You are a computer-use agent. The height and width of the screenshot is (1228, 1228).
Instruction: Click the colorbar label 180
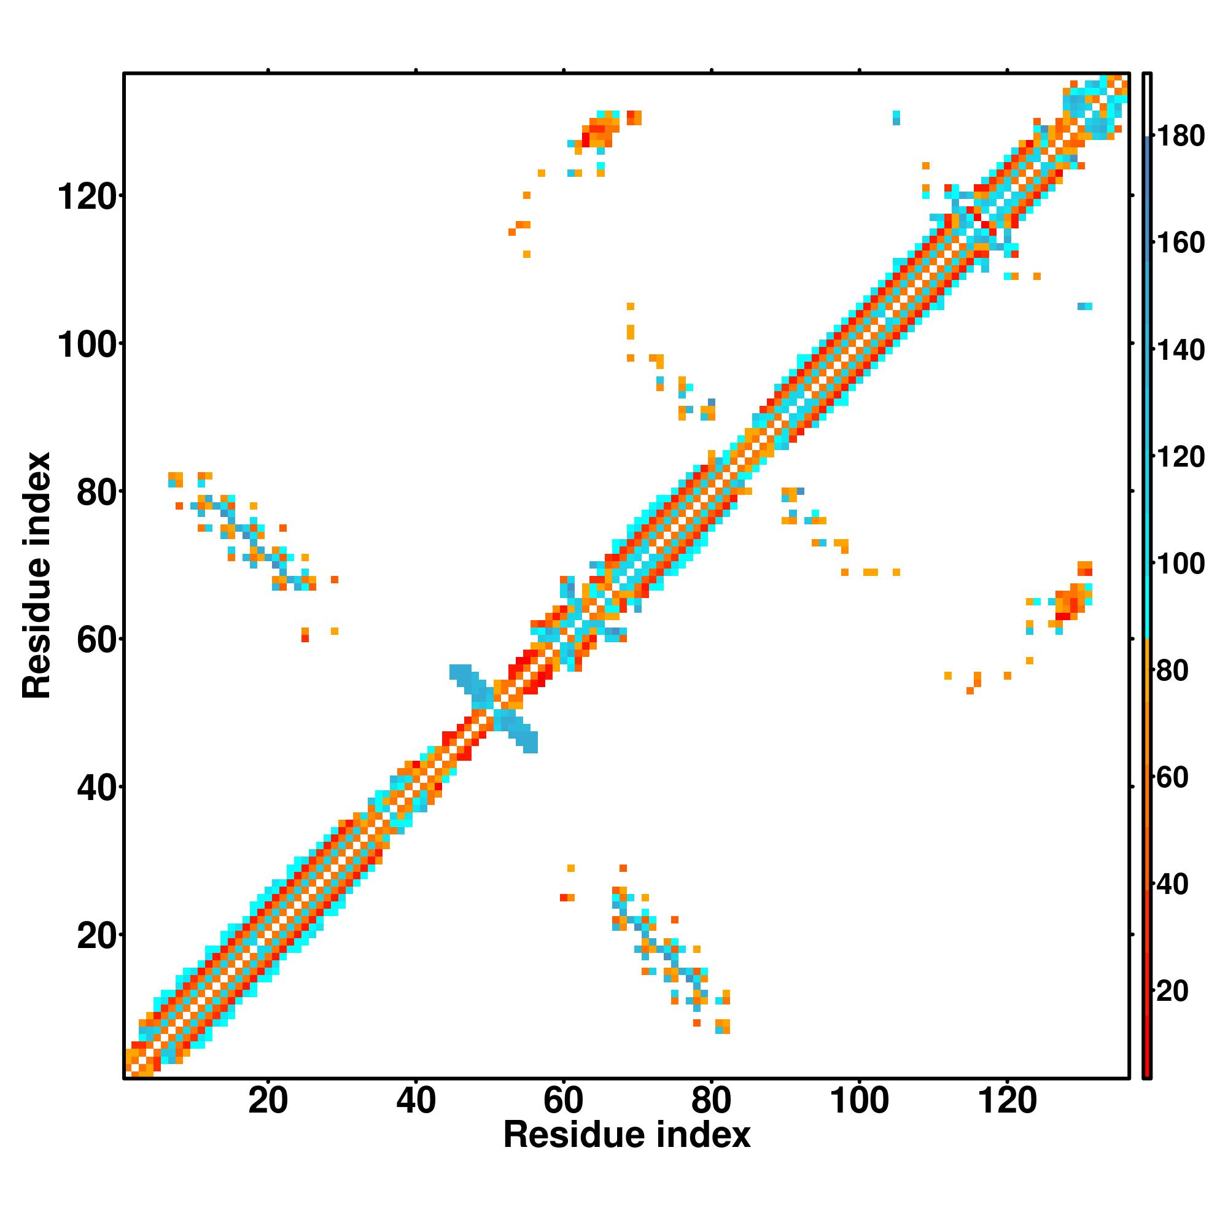pyautogui.click(x=1180, y=136)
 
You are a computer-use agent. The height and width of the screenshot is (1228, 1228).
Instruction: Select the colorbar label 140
pyautogui.click(x=1180, y=350)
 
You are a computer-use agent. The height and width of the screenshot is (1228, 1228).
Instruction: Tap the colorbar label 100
pyautogui.click(x=1180, y=564)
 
